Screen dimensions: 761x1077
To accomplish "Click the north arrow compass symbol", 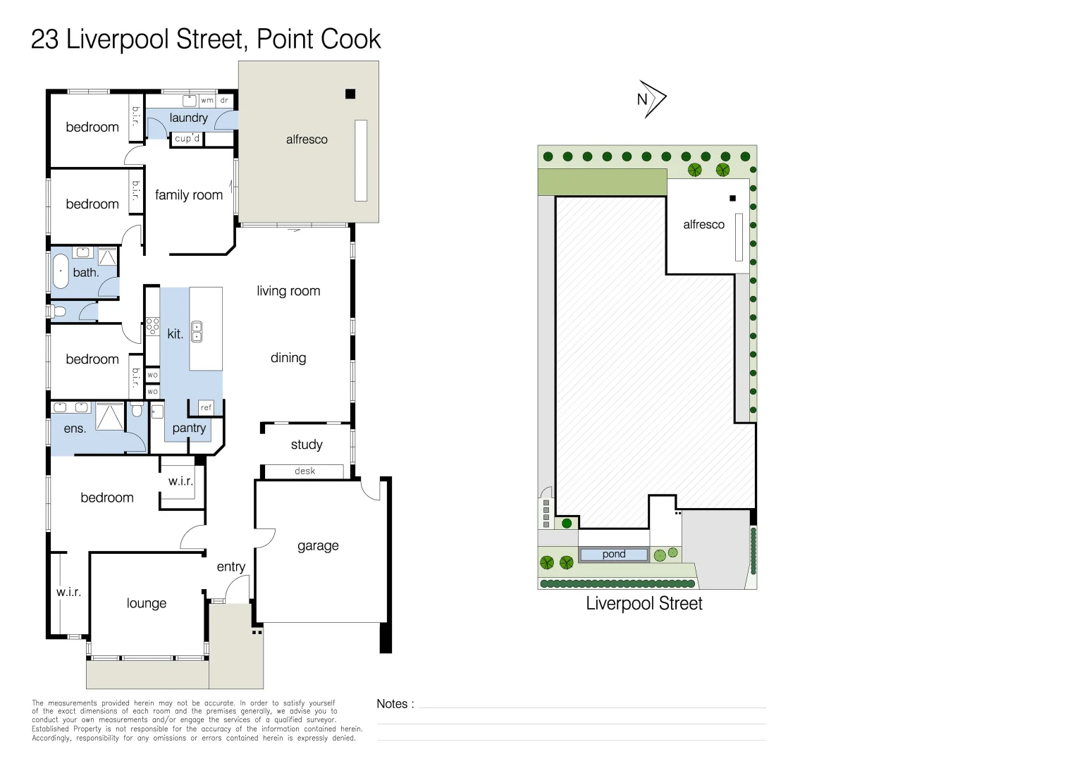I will tap(651, 99).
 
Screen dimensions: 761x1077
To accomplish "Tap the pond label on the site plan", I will tap(614, 555).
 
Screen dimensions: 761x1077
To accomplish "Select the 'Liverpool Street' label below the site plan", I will tap(644, 604).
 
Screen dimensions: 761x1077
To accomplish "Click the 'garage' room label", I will tap(318, 546).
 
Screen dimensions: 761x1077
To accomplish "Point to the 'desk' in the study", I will tap(304, 471).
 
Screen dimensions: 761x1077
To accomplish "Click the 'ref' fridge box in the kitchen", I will tap(206, 407).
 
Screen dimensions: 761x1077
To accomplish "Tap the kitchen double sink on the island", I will tap(197, 332).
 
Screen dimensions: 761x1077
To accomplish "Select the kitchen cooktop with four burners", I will tap(152, 326).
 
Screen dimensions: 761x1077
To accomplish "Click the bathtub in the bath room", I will tap(61, 272).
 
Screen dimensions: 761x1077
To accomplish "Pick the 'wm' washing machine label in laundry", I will tap(207, 101).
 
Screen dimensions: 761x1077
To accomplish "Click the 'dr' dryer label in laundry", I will tap(224, 101).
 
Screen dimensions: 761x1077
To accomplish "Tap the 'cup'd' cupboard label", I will tap(187, 139).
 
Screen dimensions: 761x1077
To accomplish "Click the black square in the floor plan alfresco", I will tap(350, 94).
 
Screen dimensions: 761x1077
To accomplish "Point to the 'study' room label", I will tap(307, 445).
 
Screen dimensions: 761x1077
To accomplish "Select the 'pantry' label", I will tap(189, 428).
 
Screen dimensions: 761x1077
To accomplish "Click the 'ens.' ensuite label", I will tap(75, 429).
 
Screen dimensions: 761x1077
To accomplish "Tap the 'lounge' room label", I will tap(147, 603).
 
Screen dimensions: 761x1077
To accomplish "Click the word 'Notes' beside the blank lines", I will tap(393, 704).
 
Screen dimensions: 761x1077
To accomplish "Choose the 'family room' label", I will tap(189, 195).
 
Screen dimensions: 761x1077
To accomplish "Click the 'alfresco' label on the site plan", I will tap(703, 225).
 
